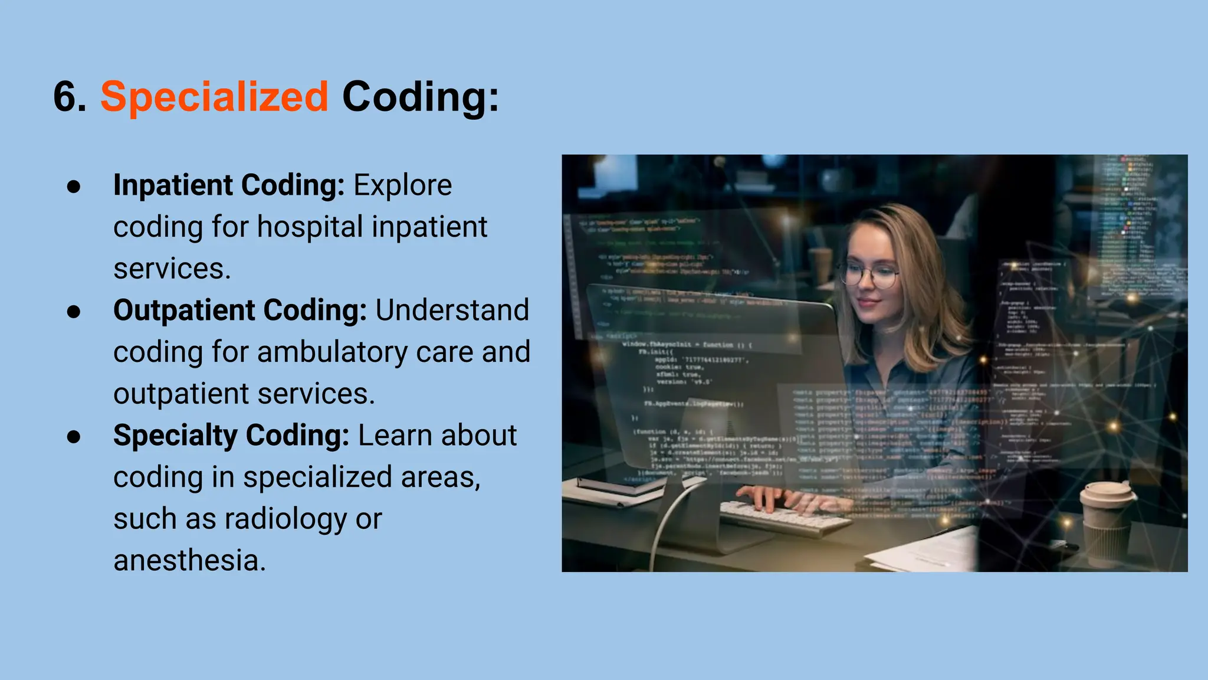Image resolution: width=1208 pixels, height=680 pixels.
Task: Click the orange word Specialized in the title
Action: [x=214, y=97]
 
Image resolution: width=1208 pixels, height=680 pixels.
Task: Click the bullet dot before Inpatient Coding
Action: [x=74, y=187]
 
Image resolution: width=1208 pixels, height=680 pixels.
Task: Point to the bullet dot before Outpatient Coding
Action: [x=74, y=312]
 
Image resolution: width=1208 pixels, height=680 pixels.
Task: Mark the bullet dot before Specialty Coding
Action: [x=74, y=437]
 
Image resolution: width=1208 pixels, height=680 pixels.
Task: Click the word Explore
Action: [x=402, y=185]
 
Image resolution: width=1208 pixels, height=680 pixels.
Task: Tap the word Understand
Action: [x=452, y=310]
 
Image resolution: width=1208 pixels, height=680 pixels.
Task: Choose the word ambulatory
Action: [x=331, y=352]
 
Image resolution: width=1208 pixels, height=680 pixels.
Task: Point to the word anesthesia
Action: [x=189, y=561]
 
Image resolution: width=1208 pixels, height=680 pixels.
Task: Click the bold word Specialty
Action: [x=175, y=436]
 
